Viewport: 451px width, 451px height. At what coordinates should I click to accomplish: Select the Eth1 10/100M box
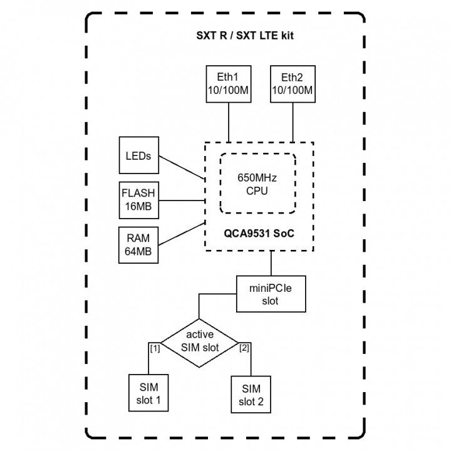tap(228, 85)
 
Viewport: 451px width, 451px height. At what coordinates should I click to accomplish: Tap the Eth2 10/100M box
tap(292, 85)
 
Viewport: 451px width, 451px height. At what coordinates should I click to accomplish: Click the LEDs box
tap(138, 156)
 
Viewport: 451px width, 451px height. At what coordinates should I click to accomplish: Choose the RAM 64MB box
tap(138, 245)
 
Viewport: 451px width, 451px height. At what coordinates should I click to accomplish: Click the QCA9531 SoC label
tap(259, 232)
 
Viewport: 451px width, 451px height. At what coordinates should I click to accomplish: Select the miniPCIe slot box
tap(271, 294)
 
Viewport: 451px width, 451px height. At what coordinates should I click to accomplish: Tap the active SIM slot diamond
tap(199, 341)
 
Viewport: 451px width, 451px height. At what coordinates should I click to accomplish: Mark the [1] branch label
tap(155, 348)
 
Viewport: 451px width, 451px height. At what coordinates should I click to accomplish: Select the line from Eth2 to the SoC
tap(292, 122)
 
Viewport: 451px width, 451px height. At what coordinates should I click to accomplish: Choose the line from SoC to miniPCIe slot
tap(271, 263)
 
